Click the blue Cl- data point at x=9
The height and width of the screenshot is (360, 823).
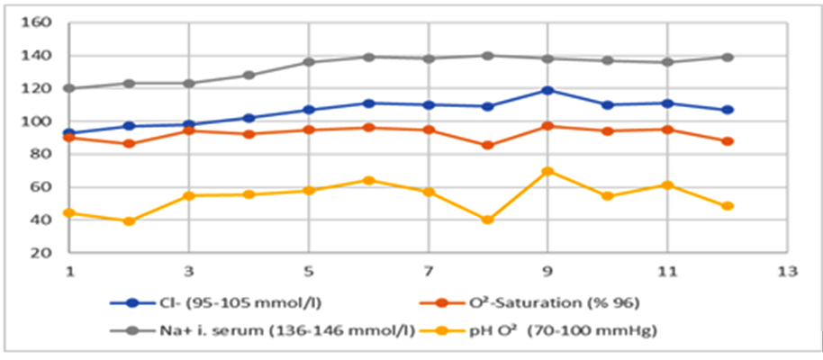pyautogui.click(x=547, y=90)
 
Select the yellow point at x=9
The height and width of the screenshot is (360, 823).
pyautogui.click(x=547, y=171)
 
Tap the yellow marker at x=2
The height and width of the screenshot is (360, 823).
pyautogui.click(x=129, y=220)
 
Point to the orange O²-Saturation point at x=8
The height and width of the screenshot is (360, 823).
pyautogui.click(x=488, y=145)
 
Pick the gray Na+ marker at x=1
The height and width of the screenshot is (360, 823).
pyautogui.click(x=69, y=88)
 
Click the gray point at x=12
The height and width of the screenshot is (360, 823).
pyautogui.click(x=728, y=57)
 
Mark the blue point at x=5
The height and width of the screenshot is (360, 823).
pyautogui.click(x=309, y=110)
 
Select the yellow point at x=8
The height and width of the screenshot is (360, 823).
pyautogui.click(x=488, y=220)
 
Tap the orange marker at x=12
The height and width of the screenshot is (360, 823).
pyautogui.click(x=728, y=141)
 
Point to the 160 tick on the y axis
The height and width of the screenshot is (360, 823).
pyautogui.click(x=41, y=22)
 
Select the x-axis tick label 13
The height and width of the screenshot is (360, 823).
pyautogui.click(x=787, y=271)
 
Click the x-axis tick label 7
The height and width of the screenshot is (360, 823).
pyautogui.click(x=429, y=271)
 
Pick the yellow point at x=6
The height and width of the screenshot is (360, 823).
pyautogui.click(x=368, y=180)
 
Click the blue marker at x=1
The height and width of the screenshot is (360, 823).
pyautogui.click(x=69, y=133)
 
